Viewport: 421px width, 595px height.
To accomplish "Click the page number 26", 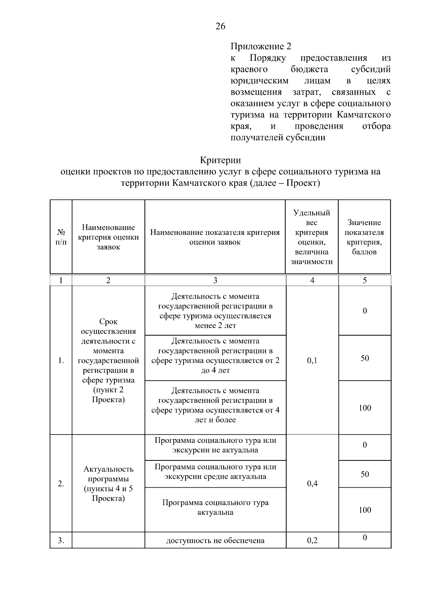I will click(220, 26).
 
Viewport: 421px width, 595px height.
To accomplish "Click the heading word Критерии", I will click(220, 160).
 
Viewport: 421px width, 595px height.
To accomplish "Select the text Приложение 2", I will click(261, 46).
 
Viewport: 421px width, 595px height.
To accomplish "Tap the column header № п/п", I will click(61, 237).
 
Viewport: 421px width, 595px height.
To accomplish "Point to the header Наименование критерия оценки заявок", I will click(108, 237).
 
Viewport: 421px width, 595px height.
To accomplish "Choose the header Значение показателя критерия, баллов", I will click(364, 237).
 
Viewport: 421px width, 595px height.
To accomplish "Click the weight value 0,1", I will click(312, 360).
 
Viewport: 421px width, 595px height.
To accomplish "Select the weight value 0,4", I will click(312, 484).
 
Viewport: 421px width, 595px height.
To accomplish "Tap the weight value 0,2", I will click(312, 540).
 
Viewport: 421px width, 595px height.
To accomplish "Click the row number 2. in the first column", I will click(61, 484).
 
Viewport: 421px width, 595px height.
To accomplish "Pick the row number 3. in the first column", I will click(61, 540).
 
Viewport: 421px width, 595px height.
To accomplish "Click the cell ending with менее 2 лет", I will click(215, 311).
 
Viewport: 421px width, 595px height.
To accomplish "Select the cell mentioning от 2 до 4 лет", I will click(215, 356).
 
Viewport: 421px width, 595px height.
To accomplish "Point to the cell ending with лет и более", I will click(215, 405).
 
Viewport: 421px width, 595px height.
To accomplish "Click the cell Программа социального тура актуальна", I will click(215, 507).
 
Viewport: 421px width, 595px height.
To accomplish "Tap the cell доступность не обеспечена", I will click(215, 540).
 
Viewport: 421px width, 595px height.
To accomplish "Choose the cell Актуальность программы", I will click(108, 484).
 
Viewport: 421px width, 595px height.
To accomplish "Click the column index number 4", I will click(312, 280).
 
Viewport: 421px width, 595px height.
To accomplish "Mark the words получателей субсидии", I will click(278, 137).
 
